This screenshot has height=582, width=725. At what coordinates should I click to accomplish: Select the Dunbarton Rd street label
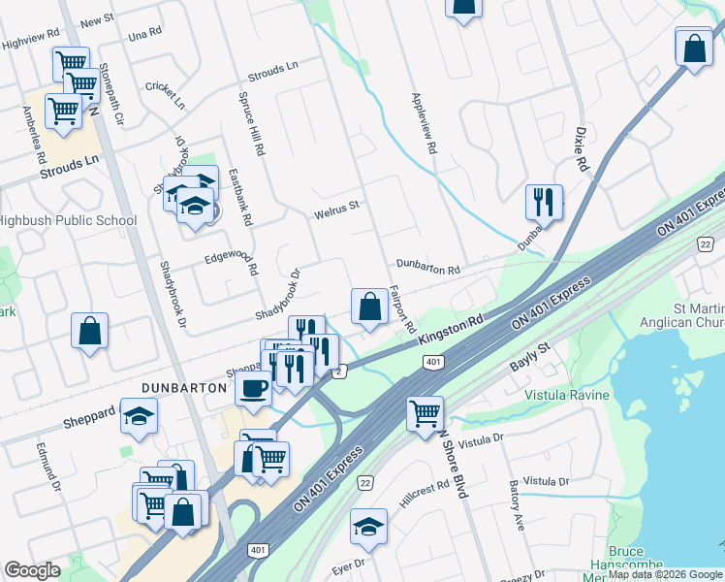click(426, 265)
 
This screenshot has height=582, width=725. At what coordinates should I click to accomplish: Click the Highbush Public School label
click(68, 220)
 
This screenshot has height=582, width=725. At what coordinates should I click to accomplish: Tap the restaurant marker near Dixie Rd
click(543, 202)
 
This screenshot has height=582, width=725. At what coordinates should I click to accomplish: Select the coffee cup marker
click(254, 388)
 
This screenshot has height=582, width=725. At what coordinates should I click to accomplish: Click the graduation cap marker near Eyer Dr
click(368, 526)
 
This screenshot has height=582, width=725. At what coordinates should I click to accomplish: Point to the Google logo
click(32, 570)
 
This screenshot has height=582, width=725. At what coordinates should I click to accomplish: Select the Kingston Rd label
click(451, 329)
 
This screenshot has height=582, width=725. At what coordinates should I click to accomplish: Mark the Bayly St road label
click(530, 358)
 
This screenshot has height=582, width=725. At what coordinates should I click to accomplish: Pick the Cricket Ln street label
click(165, 95)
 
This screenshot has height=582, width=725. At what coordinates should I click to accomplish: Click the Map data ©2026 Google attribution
click(664, 574)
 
